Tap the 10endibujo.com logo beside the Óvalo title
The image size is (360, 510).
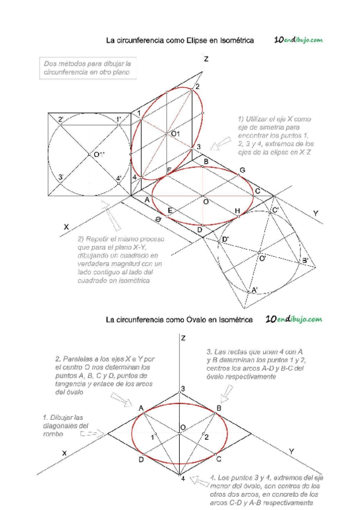pyautogui.click(x=294, y=319)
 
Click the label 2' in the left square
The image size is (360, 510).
pyautogui.click(x=61, y=120)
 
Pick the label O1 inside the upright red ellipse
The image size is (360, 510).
pyautogui.click(x=175, y=133)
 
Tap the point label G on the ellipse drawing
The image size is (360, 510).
pyautogui.click(x=242, y=171)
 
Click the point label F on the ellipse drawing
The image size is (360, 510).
pyautogui.click(x=169, y=171)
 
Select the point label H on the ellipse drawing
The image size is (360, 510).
pyautogui.click(x=237, y=210)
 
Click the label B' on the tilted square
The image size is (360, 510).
pyautogui.click(x=305, y=260)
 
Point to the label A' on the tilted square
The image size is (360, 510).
pyautogui.click(x=255, y=290)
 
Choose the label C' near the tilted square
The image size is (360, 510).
pyautogui.click(x=275, y=210)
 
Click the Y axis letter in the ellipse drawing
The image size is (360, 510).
pyautogui.click(x=316, y=214)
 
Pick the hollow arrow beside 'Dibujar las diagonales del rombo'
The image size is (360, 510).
pyautogui.click(x=89, y=432)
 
